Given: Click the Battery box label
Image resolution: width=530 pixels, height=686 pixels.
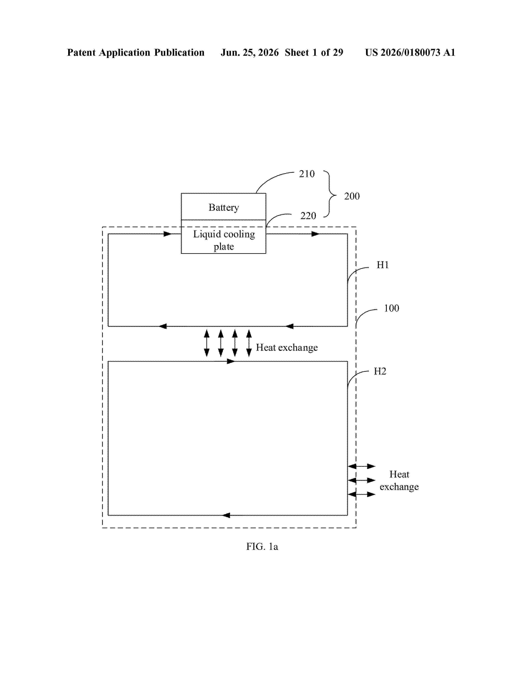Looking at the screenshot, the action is pos(224,208).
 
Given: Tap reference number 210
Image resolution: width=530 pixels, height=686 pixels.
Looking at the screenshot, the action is pos(307,174).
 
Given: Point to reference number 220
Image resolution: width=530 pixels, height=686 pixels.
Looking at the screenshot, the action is pos(308,216).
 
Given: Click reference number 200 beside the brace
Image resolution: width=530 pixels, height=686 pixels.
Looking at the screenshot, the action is pos(352,196).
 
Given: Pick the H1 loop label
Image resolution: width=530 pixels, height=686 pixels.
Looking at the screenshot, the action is pos(383,265).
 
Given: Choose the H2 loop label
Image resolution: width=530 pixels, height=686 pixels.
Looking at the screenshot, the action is pos(380,371).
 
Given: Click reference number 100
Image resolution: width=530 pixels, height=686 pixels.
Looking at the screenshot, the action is pos(392,308).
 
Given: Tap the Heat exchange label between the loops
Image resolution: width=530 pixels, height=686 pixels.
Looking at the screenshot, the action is pos(287,347).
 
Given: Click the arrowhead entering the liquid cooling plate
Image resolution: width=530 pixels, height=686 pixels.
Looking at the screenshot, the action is pos(168,234).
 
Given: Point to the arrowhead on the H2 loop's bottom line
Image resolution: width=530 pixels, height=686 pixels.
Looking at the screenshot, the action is pos(226,515).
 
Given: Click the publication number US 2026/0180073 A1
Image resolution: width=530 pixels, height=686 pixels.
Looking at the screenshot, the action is pos(410,52).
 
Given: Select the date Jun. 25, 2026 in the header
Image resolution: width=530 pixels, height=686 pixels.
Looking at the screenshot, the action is pos(250,52).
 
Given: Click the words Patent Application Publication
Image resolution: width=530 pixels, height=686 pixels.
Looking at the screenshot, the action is pos(136,52).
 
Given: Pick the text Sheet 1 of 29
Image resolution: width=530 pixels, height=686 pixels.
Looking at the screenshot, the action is pos(314,52).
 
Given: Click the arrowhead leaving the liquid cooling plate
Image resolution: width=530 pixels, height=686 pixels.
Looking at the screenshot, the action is pos(316,234).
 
